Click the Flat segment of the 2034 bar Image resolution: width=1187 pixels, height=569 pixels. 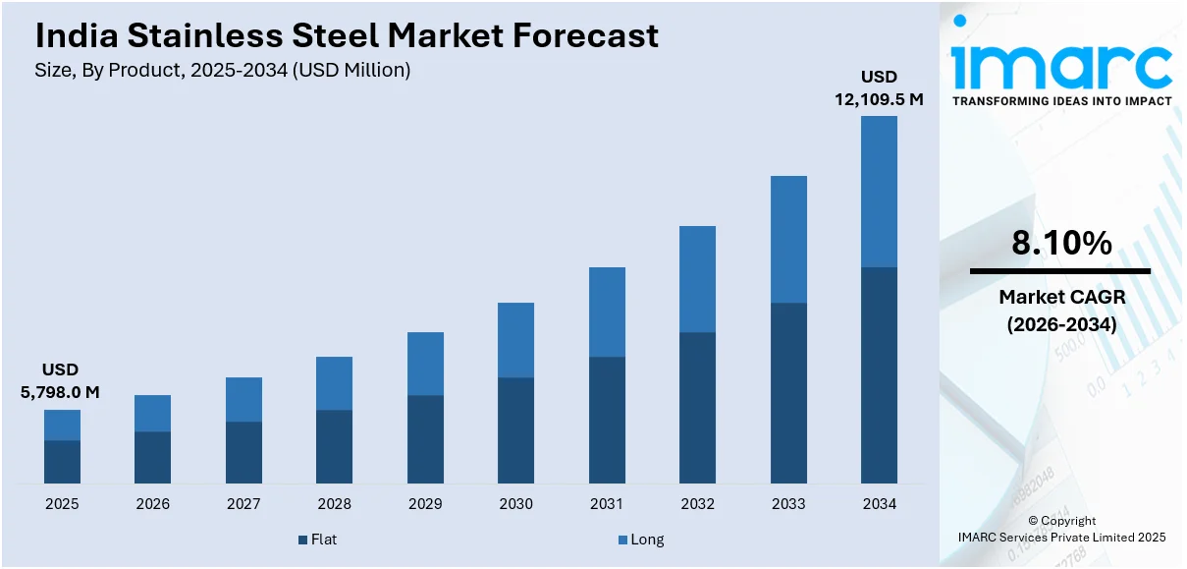(879, 374)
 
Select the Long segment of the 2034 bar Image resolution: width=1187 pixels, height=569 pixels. (879, 192)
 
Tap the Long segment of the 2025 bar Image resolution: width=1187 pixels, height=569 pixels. (62, 425)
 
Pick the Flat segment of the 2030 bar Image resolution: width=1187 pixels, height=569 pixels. (515, 429)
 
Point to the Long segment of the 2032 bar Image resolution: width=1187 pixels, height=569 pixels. (697, 279)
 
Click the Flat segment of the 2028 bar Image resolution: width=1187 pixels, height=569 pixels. (334, 446)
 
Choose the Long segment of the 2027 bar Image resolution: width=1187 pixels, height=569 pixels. (243, 399)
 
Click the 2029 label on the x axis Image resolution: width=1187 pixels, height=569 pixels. (425, 504)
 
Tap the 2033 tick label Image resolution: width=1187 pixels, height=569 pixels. (788, 504)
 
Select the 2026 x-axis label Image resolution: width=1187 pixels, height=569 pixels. (152, 504)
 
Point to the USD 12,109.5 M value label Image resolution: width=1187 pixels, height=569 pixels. (879, 87)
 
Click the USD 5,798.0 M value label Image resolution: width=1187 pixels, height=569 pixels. (60, 380)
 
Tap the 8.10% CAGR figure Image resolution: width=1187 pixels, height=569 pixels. (1061, 243)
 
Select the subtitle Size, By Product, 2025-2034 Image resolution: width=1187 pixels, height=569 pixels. (222, 70)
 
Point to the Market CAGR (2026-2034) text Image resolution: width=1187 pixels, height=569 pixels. (1061, 310)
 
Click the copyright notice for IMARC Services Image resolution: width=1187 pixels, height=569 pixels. (1061, 529)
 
